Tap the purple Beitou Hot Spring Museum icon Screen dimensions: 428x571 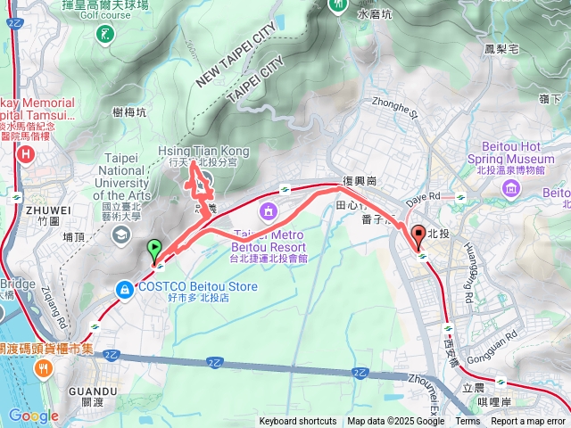[510, 187]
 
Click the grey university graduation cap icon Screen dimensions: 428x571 [119, 235]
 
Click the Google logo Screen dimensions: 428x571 [33, 416]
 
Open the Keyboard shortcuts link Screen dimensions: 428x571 [298, 422]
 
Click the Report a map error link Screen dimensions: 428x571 [529, 422]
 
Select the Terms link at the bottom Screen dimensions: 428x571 [468, 422]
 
